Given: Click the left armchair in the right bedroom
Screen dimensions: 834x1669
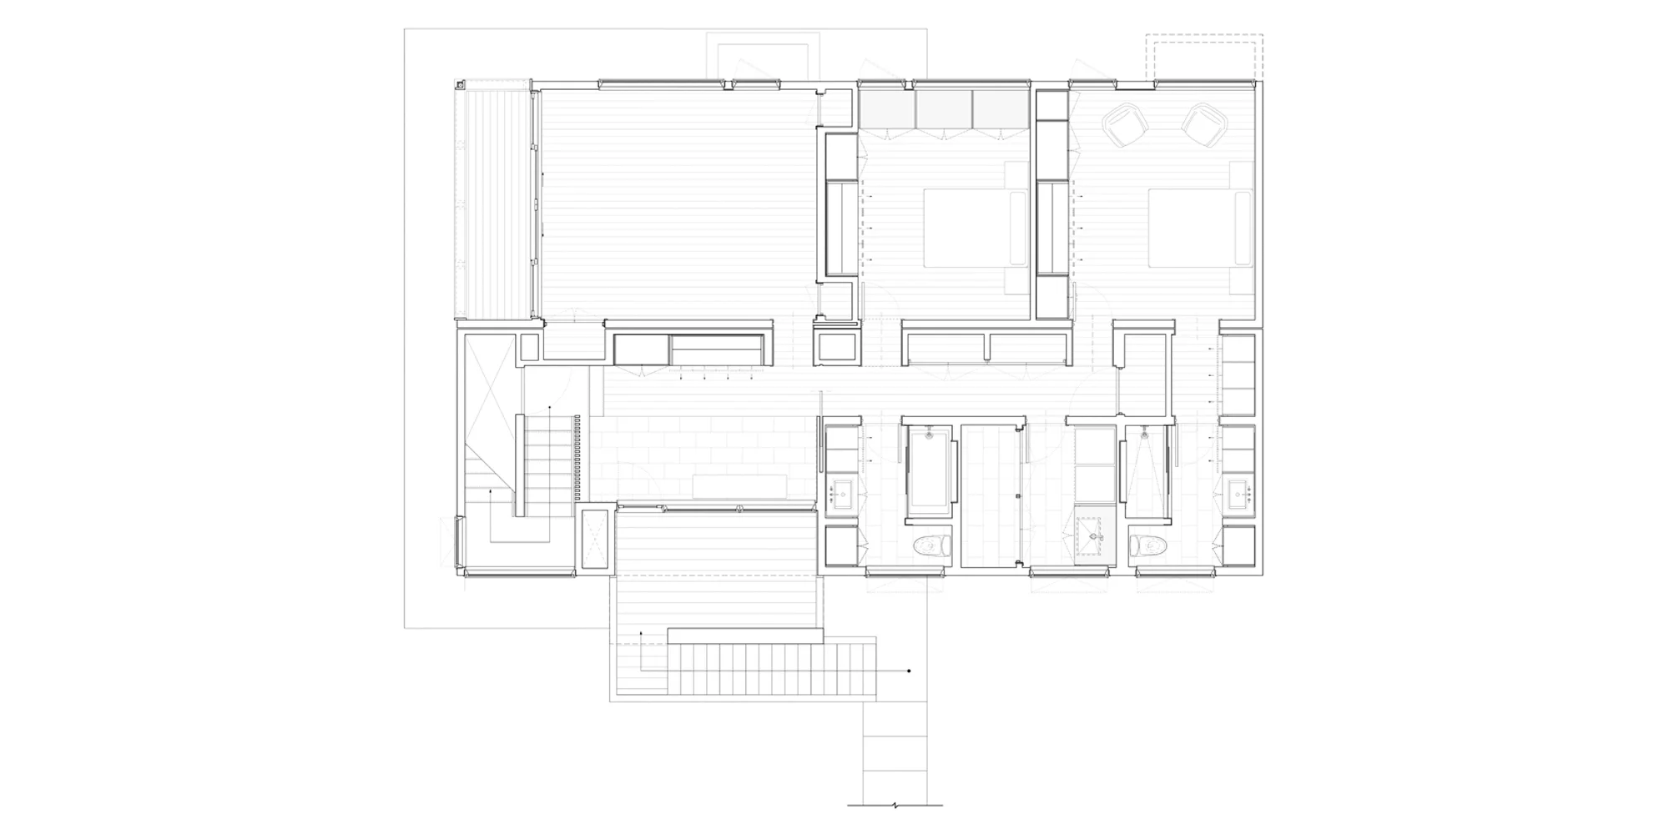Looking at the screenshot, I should [x=1125, y=125].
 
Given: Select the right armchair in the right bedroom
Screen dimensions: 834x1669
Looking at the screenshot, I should [x=1203, y=125].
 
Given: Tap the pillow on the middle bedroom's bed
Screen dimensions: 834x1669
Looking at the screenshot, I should [x=1018, y=228].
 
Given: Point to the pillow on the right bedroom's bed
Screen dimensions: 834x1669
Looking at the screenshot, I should [x=1243, y=228].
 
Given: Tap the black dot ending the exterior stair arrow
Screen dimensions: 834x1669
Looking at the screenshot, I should [x=909, y=671].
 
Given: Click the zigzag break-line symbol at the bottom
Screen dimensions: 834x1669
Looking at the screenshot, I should [x=895, y=806].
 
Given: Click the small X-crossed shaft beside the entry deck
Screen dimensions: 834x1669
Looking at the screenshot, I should [x=596, y=540].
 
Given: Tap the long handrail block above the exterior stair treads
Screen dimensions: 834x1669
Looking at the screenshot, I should [x=745, y=636].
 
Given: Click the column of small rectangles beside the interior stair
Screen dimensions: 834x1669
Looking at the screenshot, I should [x=576, y=458].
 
